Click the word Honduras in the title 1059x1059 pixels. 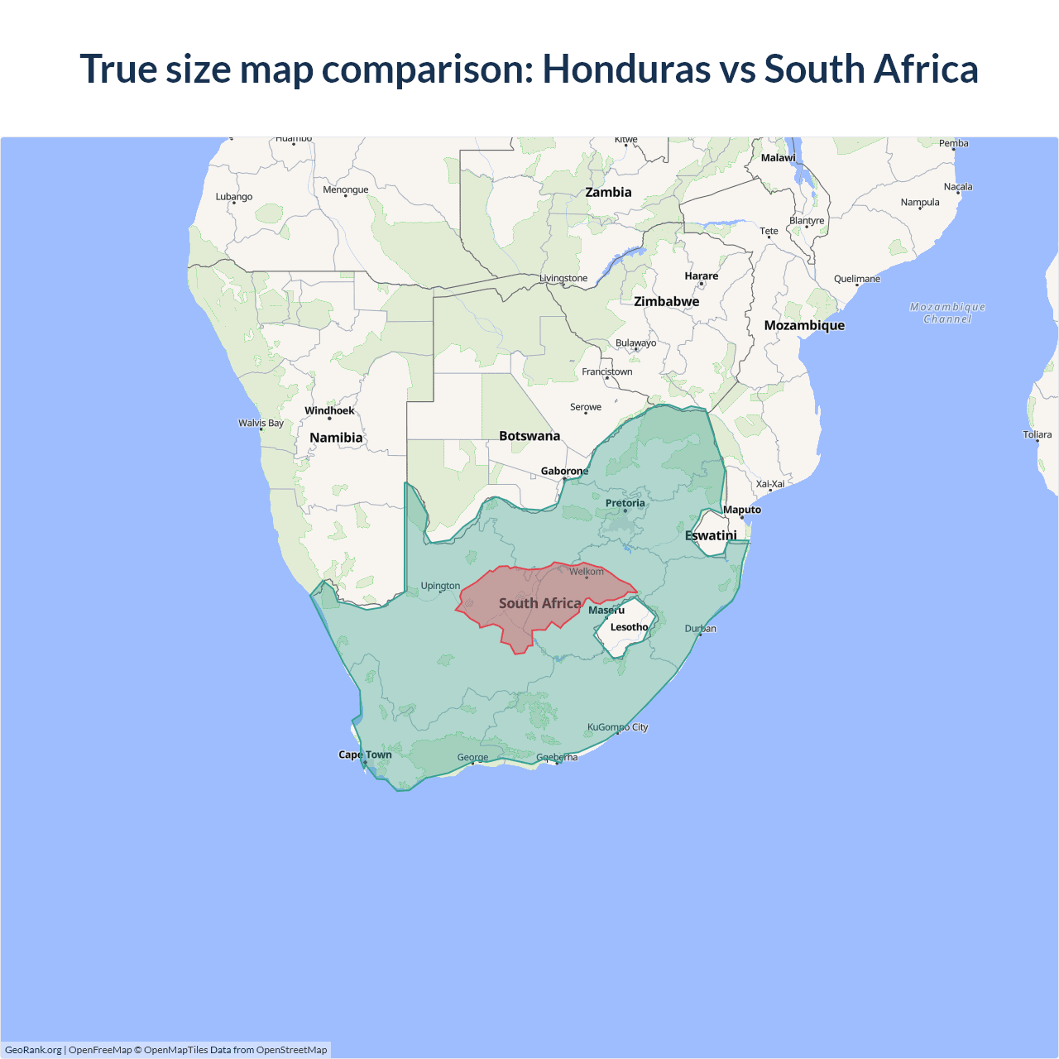coord(625,69)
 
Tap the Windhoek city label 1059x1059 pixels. coord(329,410)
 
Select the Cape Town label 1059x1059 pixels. coord(365,755)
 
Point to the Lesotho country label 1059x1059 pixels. coord(629,627)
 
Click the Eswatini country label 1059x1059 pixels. coord(711,535)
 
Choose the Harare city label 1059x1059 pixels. coord(701,276)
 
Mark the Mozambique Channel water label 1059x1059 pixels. coord(947,313)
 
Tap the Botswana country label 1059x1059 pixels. coord(529,436)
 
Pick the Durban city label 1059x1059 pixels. coord(700,629)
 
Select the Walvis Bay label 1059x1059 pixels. coord(261,423)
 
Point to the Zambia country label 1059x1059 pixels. coord(608,192)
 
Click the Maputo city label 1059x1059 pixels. coord(742,510)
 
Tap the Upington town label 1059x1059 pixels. coord(440,586)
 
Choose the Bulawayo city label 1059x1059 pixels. coord(635,343)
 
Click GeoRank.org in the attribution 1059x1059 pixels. coord(33,1050)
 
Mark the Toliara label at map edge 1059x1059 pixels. coord(1037,434)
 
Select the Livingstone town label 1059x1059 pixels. coord(563,278)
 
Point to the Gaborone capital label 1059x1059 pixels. coord(564,471)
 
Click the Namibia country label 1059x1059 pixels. coord(336,438)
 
